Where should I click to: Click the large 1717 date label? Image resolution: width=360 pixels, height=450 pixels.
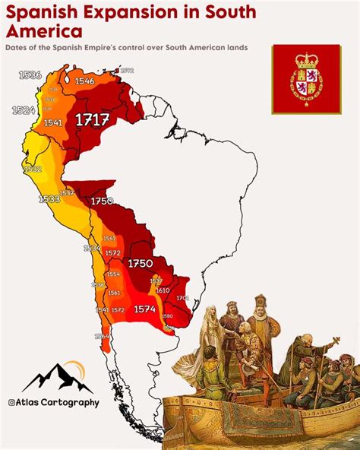92,119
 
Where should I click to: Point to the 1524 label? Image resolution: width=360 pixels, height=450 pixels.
24,110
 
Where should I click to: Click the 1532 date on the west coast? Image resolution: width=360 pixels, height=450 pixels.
33,170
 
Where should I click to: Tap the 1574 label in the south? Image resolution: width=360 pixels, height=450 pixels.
145,309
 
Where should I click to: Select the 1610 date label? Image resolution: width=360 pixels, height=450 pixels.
163,290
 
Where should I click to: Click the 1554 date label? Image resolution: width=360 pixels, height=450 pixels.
113,274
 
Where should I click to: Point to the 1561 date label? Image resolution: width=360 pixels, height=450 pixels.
114,293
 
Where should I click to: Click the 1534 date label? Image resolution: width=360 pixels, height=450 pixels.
92,248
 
